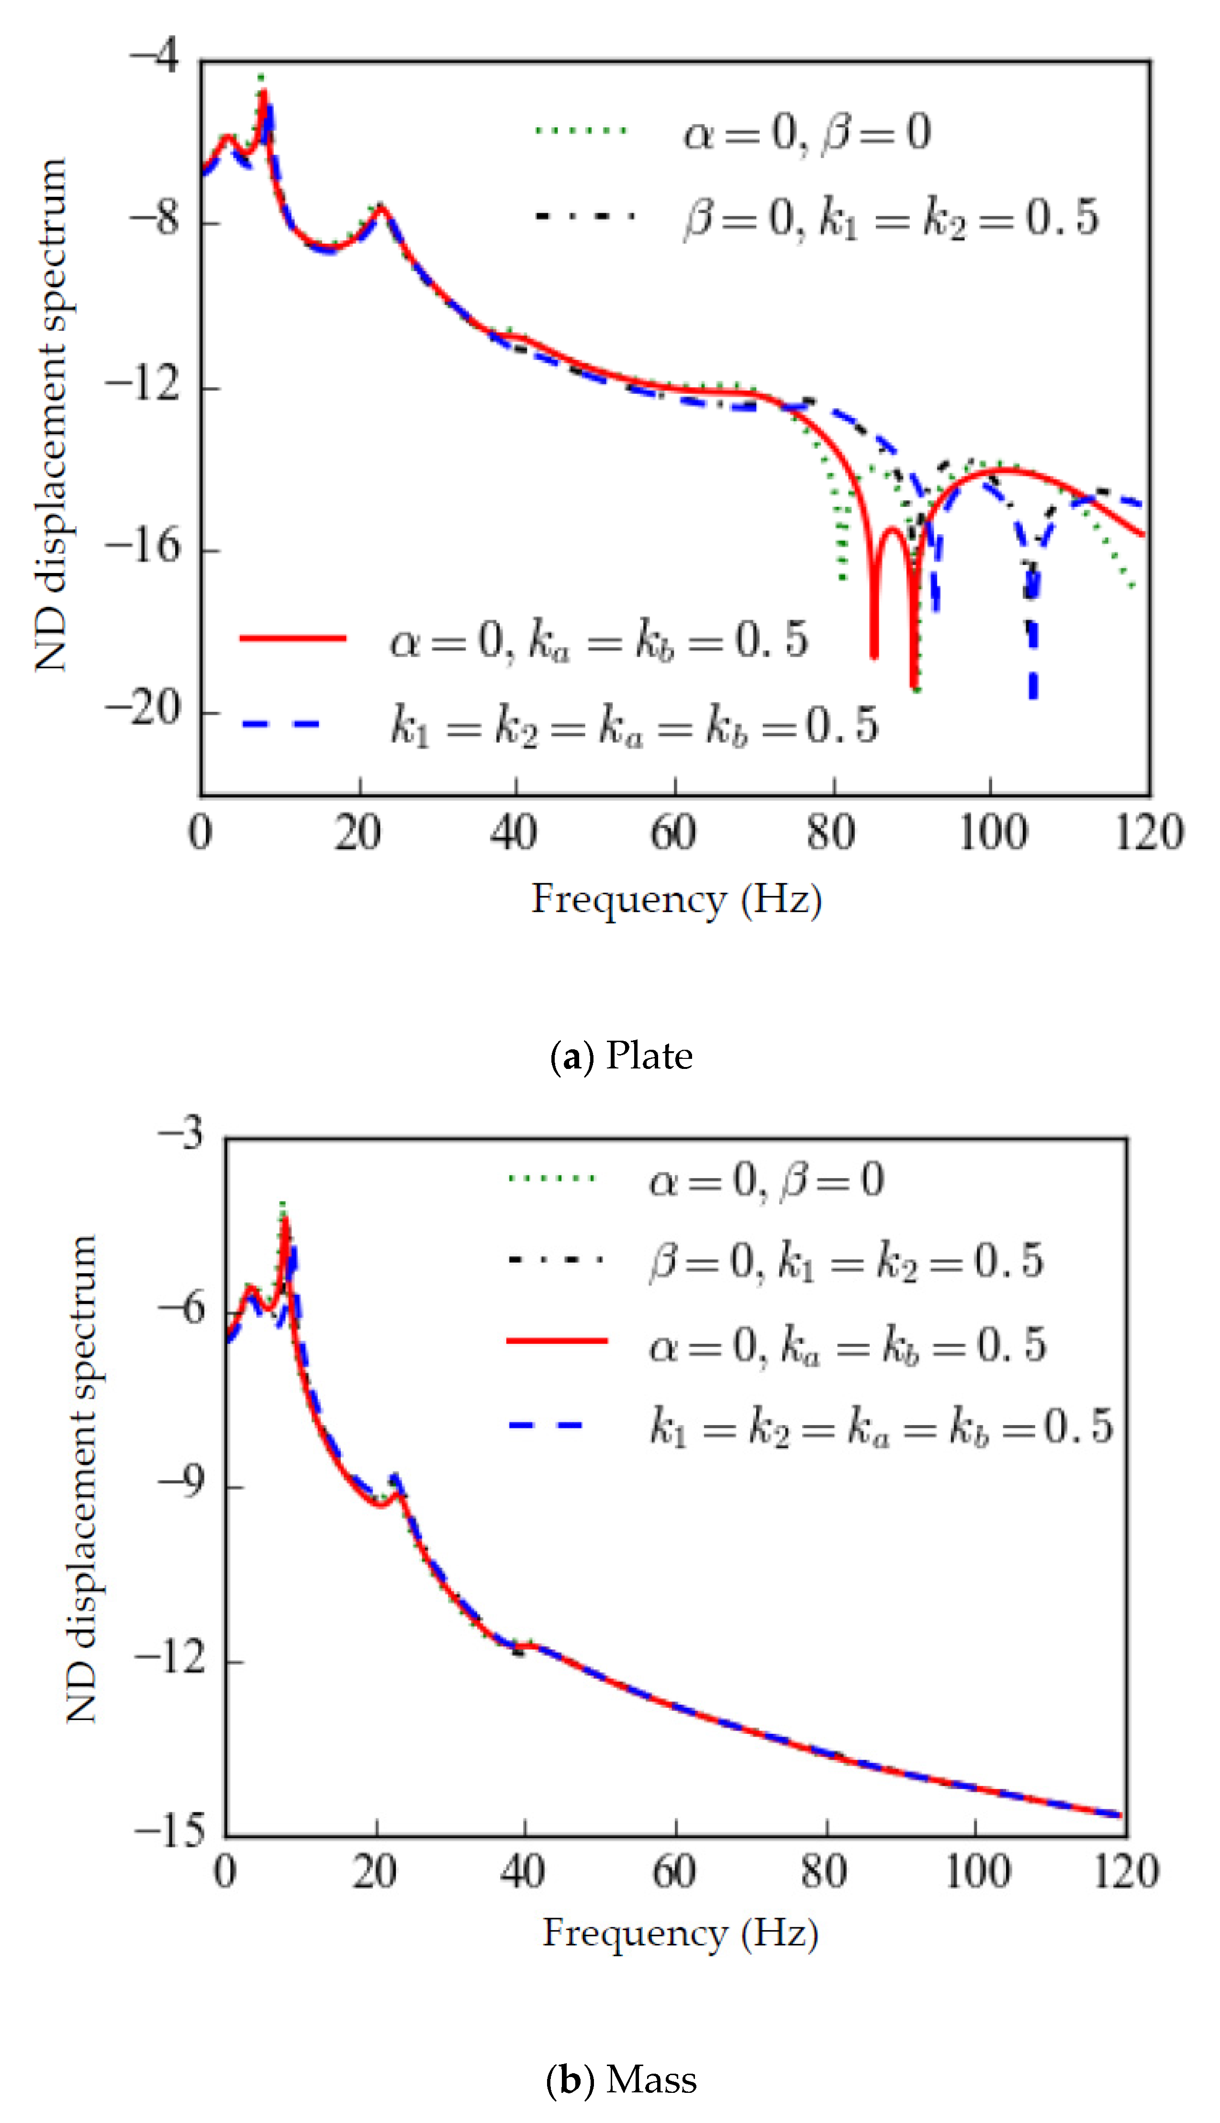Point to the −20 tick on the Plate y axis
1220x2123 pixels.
click(x=144, y=710)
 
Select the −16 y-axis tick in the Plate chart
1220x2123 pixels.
click(x=144, y=547)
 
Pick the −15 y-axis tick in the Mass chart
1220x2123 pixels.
click(x=170, y=1831)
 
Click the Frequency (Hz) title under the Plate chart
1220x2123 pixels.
click(x=676, y=900)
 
